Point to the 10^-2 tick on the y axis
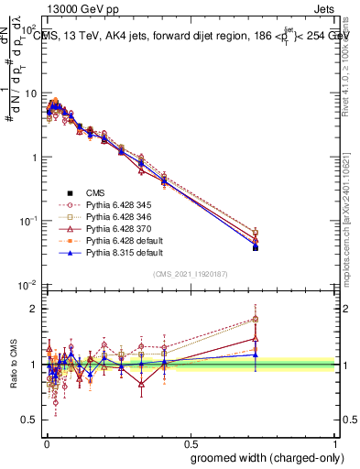[27, 285]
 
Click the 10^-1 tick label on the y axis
[27, 221]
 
